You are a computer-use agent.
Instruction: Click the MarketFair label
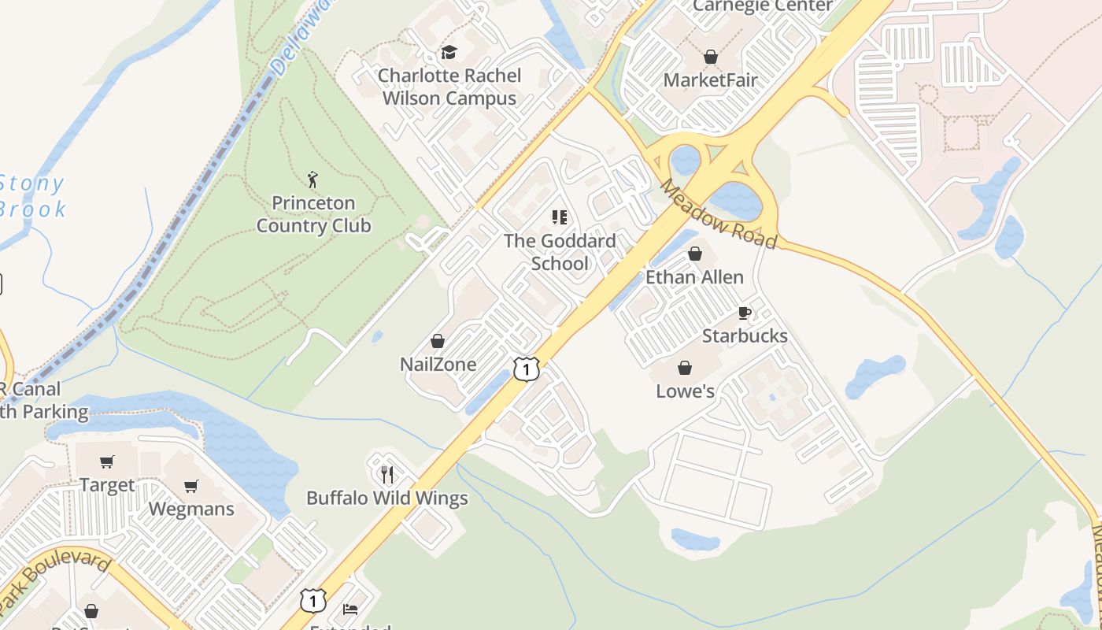tap(710, 80)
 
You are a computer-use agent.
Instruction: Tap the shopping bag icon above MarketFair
tap(711, 57)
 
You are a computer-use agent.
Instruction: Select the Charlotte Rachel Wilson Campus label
tap(449, 87)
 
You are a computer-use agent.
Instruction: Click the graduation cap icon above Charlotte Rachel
tap(449, 53)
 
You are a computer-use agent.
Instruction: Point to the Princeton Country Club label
tap(313, 214)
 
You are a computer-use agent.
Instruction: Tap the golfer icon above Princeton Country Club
tap(313, 180)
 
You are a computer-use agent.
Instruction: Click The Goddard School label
tap(560, 252)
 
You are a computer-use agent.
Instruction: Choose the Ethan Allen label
tap(694, 277)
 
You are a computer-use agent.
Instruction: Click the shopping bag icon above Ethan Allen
tap(695, 254)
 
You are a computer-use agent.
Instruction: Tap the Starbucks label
tap(745, 336)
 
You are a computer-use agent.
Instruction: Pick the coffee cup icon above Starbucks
tap(745, 313)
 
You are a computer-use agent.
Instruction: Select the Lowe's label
tap(685, 391)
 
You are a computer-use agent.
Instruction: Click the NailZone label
tap(438, 365)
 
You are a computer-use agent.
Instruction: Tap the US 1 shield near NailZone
tap(527, 369)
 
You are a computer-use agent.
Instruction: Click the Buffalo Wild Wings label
tap(386, 498)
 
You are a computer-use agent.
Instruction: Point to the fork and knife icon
tap(386, 474)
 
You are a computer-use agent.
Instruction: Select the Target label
tap(107, 485)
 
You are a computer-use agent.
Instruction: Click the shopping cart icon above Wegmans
tap(191, 486)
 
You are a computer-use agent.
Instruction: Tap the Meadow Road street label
tap(718, 213)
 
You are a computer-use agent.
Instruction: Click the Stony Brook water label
tap(31, 196)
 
